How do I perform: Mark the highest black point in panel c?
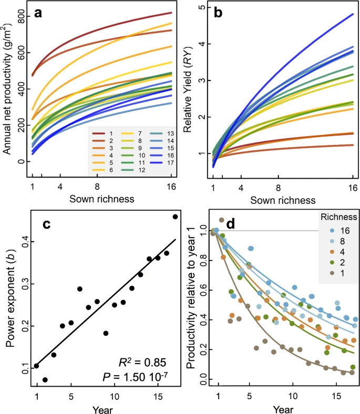click(175, 216)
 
